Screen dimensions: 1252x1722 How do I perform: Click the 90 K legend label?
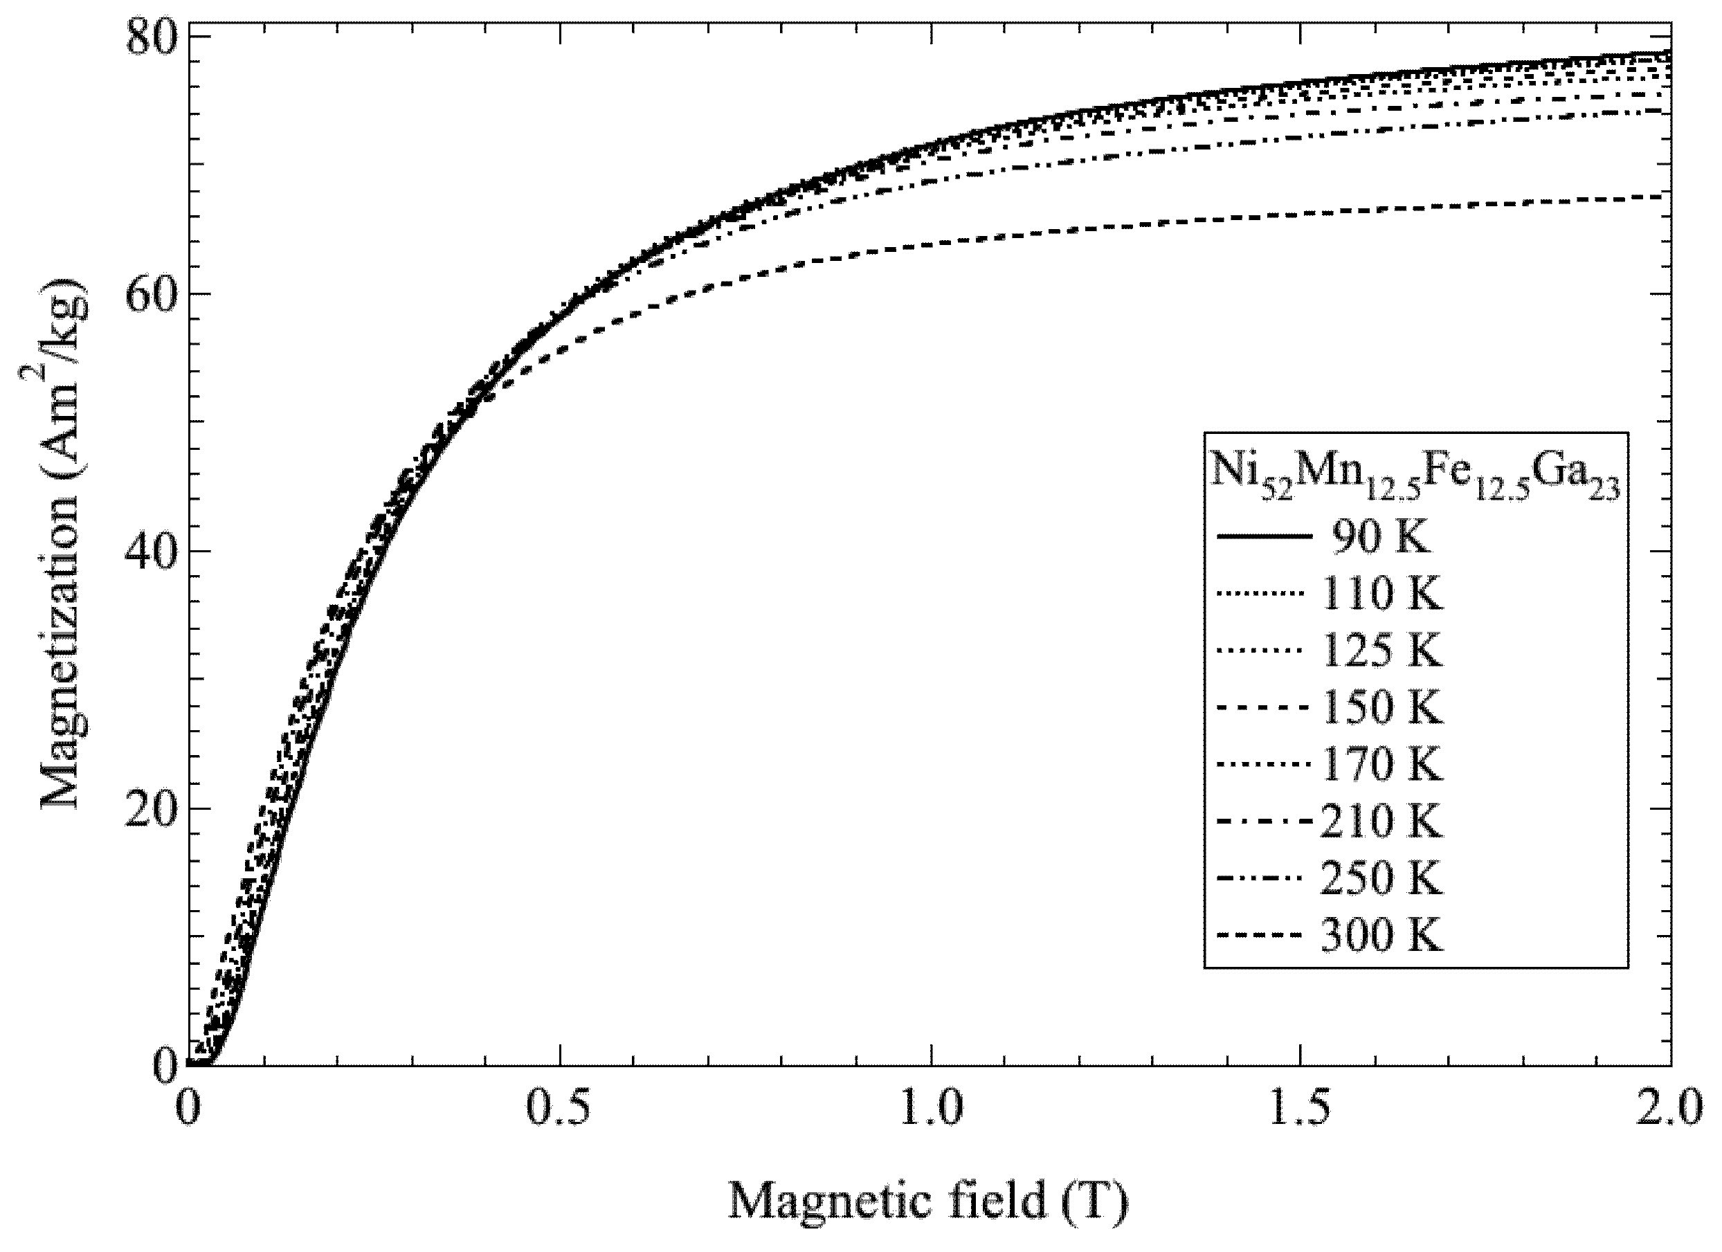pos(1380,537)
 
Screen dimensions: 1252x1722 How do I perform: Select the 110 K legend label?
pos(1381,594)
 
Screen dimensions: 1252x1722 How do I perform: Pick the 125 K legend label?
pos(1381,651)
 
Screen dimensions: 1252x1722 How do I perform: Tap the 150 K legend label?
pos(1381,707)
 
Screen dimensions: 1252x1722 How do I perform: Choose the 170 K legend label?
pos(1381,765)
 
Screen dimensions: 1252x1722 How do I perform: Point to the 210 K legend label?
pos(1379,822)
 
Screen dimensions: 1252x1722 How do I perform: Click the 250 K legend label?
pos(1381,878)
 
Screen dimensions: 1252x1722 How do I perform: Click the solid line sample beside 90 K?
pos(1265,537)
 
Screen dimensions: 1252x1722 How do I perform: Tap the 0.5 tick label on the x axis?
pos(559,1108)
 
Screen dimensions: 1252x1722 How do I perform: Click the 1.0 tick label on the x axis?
pos(930,1108)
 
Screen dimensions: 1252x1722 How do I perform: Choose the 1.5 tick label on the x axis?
pos(1300,1108)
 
